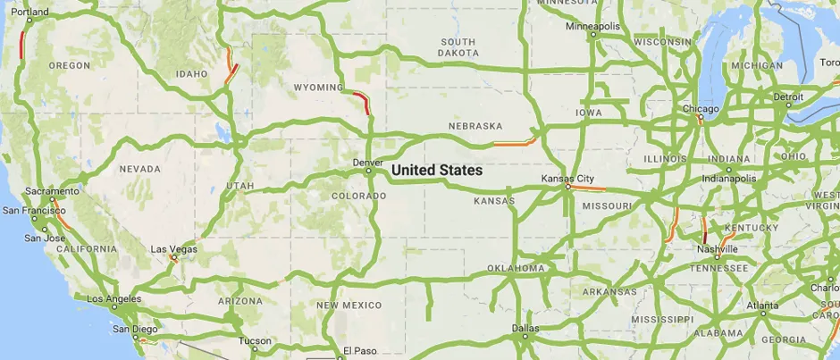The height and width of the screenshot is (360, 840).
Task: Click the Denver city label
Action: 367,163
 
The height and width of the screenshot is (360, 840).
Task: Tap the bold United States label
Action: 436,170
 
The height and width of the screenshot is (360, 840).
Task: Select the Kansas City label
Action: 567,179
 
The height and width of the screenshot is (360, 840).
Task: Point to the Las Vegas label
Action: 173,249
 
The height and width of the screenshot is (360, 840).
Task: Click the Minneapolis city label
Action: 592,26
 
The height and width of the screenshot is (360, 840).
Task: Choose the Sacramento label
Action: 53,191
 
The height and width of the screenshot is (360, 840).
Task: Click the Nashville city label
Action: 718,249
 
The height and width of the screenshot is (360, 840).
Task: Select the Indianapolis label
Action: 728,178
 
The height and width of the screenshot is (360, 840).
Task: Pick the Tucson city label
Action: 255,340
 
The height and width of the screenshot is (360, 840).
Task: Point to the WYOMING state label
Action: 318,88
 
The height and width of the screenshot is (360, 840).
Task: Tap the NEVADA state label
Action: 139,169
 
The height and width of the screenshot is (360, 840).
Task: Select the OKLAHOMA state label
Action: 516,268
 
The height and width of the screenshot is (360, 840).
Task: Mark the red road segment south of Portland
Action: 21,45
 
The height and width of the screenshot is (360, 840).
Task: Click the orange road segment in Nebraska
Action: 515,143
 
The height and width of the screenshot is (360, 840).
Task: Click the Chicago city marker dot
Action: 700,117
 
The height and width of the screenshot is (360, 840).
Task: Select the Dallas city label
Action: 525,328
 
